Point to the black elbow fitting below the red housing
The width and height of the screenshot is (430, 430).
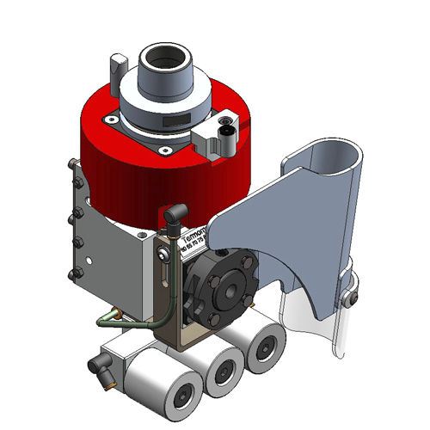pos(173,213)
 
